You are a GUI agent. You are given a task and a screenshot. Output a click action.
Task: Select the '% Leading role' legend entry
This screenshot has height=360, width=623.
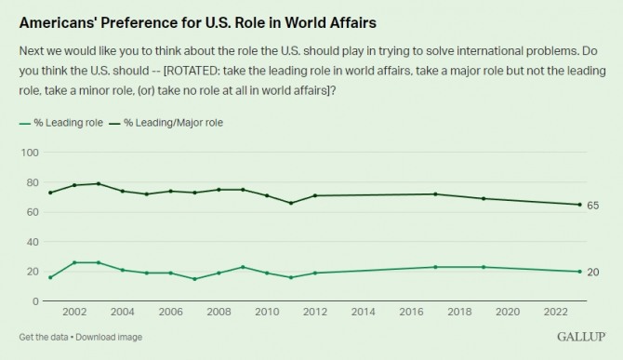(61, 123)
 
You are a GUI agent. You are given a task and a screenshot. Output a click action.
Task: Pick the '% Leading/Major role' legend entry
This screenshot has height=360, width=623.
(166, 123)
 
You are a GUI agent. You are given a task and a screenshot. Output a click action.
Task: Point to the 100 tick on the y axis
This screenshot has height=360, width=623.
(30, 153)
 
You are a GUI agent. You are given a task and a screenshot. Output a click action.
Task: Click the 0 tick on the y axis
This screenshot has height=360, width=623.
(35, 301)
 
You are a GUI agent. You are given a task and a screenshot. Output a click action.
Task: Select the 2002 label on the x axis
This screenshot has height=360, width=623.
(74, 312)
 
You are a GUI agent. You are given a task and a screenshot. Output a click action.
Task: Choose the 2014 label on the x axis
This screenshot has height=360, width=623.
(364, 312)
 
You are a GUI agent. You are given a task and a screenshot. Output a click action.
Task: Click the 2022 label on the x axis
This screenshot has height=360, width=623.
(555, 312)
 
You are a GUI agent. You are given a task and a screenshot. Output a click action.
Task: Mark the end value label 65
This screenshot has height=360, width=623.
(593, 206)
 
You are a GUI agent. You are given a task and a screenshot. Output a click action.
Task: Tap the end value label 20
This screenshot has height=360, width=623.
(593, 273)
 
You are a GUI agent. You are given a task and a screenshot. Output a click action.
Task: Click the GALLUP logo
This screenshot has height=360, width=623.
(581, 337)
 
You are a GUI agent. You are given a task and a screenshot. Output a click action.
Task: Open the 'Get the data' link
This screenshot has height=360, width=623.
(44, 338)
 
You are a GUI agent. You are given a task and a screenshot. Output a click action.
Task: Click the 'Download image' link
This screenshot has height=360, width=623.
(109, 338)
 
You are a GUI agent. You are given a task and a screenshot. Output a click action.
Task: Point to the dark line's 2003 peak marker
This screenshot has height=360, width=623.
(99, 183)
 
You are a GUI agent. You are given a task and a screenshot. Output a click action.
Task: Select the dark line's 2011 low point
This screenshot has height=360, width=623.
(291, 203)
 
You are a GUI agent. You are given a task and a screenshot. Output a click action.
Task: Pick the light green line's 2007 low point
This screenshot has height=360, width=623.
(194, 279)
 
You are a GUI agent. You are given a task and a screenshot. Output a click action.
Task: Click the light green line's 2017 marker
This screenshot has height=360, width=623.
(435, 267)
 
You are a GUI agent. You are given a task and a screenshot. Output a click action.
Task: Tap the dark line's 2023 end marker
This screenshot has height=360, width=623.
(579, 205)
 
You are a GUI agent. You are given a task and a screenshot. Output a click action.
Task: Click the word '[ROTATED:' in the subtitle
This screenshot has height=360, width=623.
(192, 71)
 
